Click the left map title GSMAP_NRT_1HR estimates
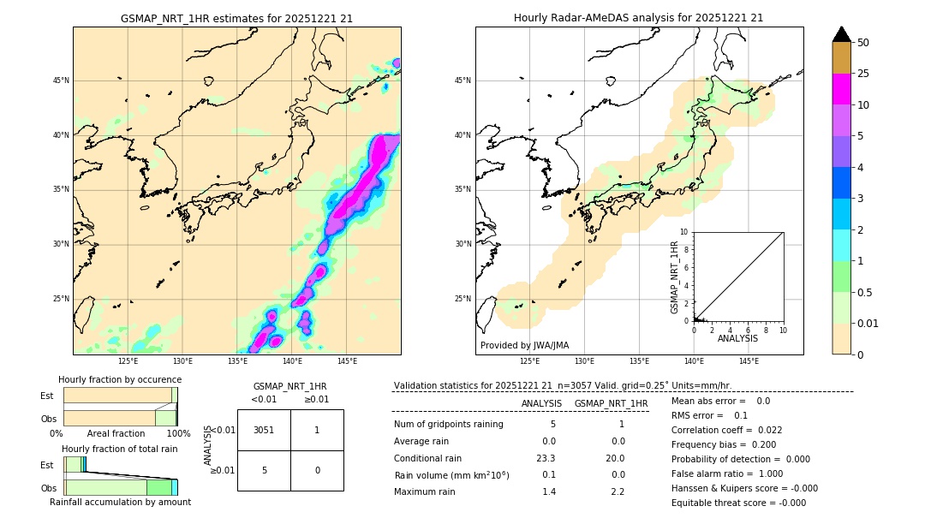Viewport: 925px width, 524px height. pos(236,18)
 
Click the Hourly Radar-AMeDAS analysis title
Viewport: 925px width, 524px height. pos(638,18)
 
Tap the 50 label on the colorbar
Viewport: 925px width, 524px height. pos(863,43)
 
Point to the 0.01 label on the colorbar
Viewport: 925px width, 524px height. pos(868,323)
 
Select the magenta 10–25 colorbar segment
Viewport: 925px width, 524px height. pos(841,89)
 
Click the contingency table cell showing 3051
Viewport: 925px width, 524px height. pos(264,431)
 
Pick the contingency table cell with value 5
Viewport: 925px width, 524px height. pos(264,470)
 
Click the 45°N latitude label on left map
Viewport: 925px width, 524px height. pos(61,80)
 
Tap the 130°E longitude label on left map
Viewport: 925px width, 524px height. pos(182,361)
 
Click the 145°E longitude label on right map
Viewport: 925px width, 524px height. pos(749,361)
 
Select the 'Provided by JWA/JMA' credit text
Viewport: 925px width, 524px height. pos(524,345)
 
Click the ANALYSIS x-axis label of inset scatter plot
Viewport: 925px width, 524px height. pos(737,338)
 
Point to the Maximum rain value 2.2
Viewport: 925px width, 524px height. pos(617,491)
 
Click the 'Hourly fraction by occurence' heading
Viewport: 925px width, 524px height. pos(120,379)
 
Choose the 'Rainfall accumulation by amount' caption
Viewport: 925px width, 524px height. pos(120,502)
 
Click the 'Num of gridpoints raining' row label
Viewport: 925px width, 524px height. pos(449,425)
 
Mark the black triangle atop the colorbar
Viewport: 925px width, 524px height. pos(841,34)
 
